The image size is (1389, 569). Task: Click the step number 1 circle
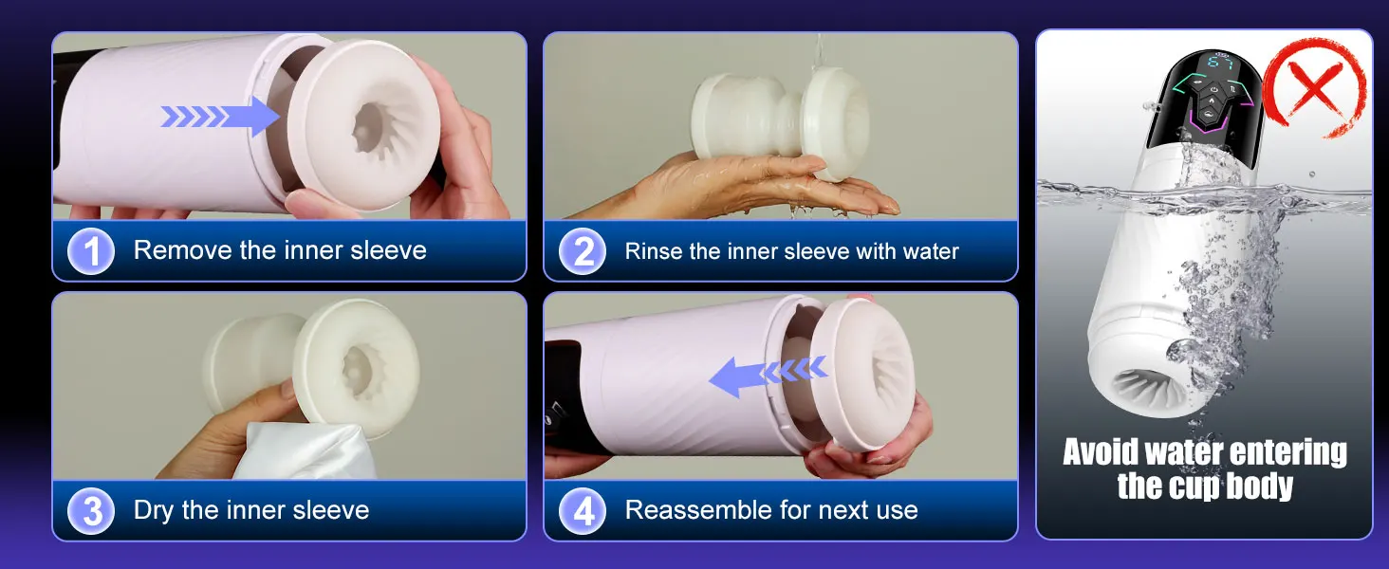tap(91, 251)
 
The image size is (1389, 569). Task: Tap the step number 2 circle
tap(583, 251)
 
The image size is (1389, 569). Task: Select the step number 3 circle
tap(91, 511)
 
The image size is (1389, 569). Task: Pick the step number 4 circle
tap(583, 511)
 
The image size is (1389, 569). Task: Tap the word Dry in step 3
tap(153, 511)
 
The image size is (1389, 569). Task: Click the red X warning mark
tap(1314, 88)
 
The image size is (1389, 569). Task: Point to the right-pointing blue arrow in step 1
tap(220, 117)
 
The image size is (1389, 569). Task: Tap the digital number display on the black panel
tap(1219, 62)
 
